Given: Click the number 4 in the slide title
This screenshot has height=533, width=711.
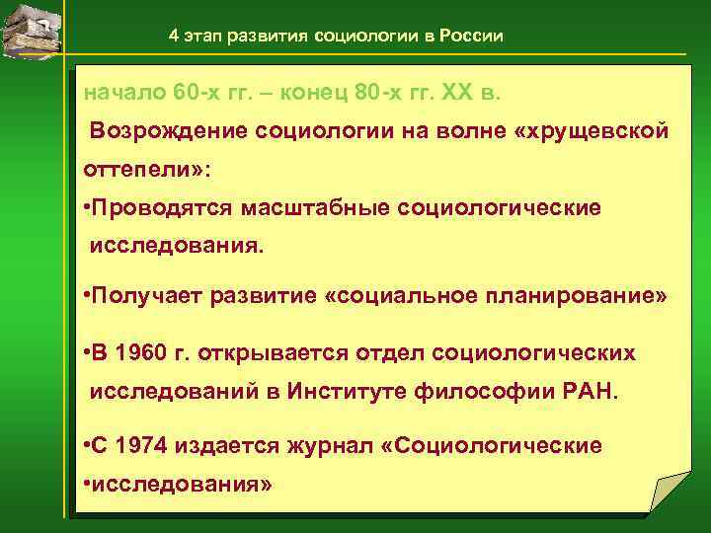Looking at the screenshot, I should tap(174, 37).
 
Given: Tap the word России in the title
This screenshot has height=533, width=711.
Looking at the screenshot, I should tap(472, 37).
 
